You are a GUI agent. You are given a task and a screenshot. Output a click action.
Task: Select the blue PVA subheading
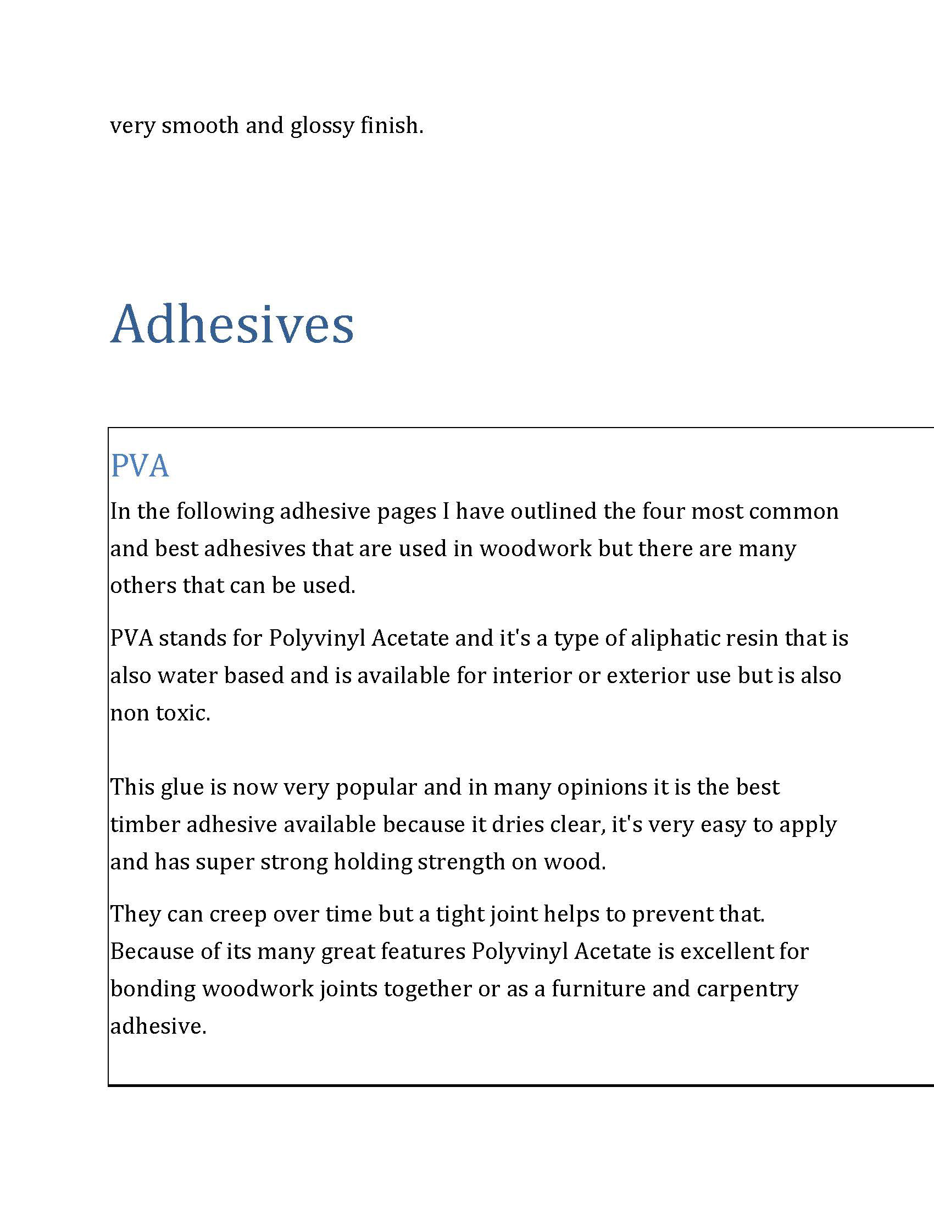(140, 465)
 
